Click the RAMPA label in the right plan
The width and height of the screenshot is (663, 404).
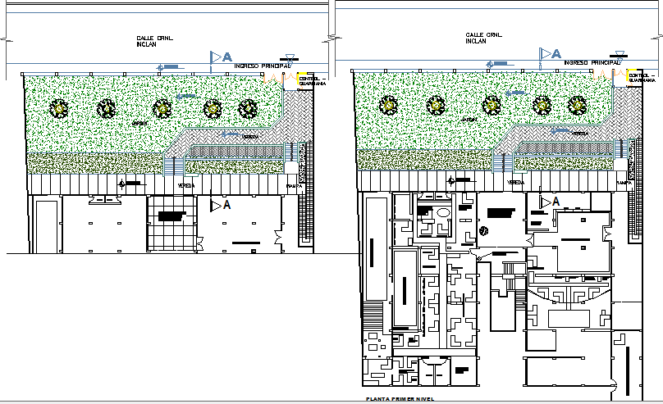pos(625,184)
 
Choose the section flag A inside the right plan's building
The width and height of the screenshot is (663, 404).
pos(548,201)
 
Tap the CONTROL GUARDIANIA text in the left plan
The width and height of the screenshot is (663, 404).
pos(312,81)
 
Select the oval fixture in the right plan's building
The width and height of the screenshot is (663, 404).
pos(443,212)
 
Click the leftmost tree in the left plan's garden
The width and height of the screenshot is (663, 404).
pos(59,107)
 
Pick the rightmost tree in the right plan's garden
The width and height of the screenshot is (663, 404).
pos(578,105)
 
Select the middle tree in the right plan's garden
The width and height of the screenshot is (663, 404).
pos(492,104)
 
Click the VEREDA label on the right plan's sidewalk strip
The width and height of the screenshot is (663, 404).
pos(515,183)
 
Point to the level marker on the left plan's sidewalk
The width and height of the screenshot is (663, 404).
pos(124,184)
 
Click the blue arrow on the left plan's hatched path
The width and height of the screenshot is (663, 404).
pos(188,97)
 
